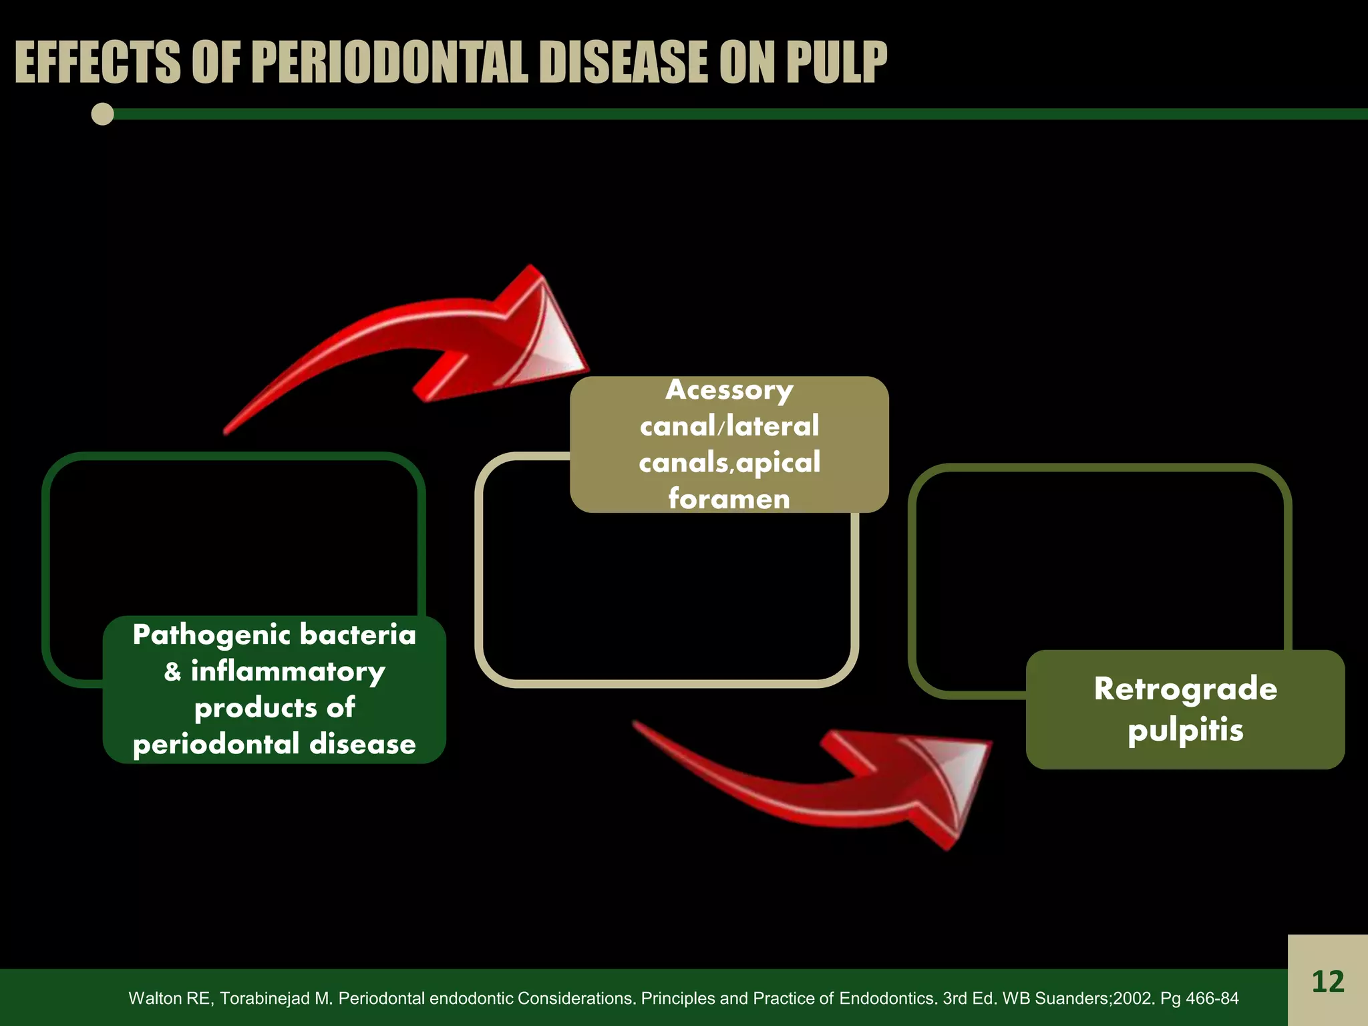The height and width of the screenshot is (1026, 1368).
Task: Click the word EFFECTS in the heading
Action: tap(98, 63)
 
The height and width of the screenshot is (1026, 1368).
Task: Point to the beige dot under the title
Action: tap(103, 114)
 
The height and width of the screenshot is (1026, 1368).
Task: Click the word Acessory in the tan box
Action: tap(729, 390)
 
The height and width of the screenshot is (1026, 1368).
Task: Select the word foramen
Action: tap(729, 499)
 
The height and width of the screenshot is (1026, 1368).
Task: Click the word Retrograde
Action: tap(1185, 689)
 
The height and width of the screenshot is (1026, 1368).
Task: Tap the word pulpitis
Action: tap(1185, 729)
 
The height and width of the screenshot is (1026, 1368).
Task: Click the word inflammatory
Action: tap(288, 672)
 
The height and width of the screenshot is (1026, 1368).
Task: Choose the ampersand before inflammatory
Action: tap(173, 672)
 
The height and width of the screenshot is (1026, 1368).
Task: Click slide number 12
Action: tap(1327, 982)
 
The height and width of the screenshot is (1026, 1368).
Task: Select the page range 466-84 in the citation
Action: tap(1212, 999)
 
